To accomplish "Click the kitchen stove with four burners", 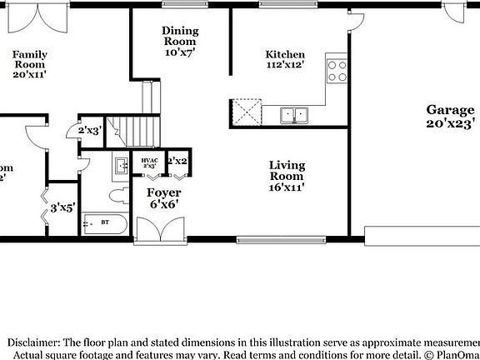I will (337, 71).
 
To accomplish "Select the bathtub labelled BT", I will (106, 223).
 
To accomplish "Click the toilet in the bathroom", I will (119, 197).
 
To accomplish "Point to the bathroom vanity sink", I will (120, 164).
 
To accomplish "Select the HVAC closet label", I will (150, 162).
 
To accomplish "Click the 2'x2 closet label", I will (177, 160).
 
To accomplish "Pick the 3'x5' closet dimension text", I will (63, 207).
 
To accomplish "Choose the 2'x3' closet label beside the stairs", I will (89, 131).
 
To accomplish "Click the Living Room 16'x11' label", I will (287, 176).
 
